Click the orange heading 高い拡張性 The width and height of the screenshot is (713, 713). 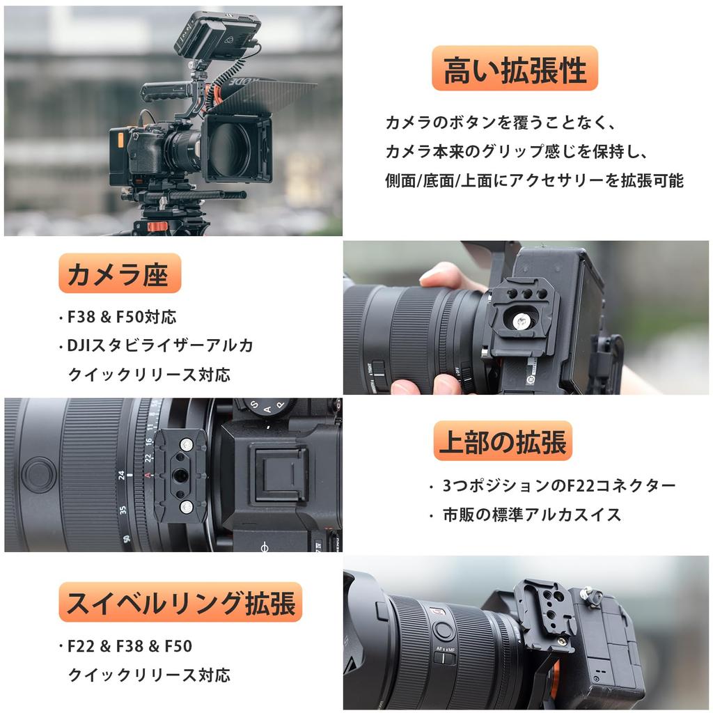pyautogui.click(x=515, y=69)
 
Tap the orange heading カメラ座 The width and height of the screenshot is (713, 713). pyautogui.click(x=119, y=274)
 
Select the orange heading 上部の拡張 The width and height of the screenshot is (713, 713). pyautogui.click(x=503, y=441)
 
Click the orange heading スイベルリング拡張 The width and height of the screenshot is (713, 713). pyautogui.click(x=180, y=602)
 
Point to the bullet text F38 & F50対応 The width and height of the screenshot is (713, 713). pyautogui.click(x=121, y=318)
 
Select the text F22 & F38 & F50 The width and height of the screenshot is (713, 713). pyautogui.click(x=130, y=646)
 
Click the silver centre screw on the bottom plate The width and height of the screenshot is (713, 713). pyautogui.click(x=520, y=321)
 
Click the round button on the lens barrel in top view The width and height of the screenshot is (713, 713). pyautogui.click(x=39, y=475)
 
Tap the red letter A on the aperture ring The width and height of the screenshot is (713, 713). pyautogui.click(x=148, y=475)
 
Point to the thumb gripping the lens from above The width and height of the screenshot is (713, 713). pyautogui.click(x=446, y=276)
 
